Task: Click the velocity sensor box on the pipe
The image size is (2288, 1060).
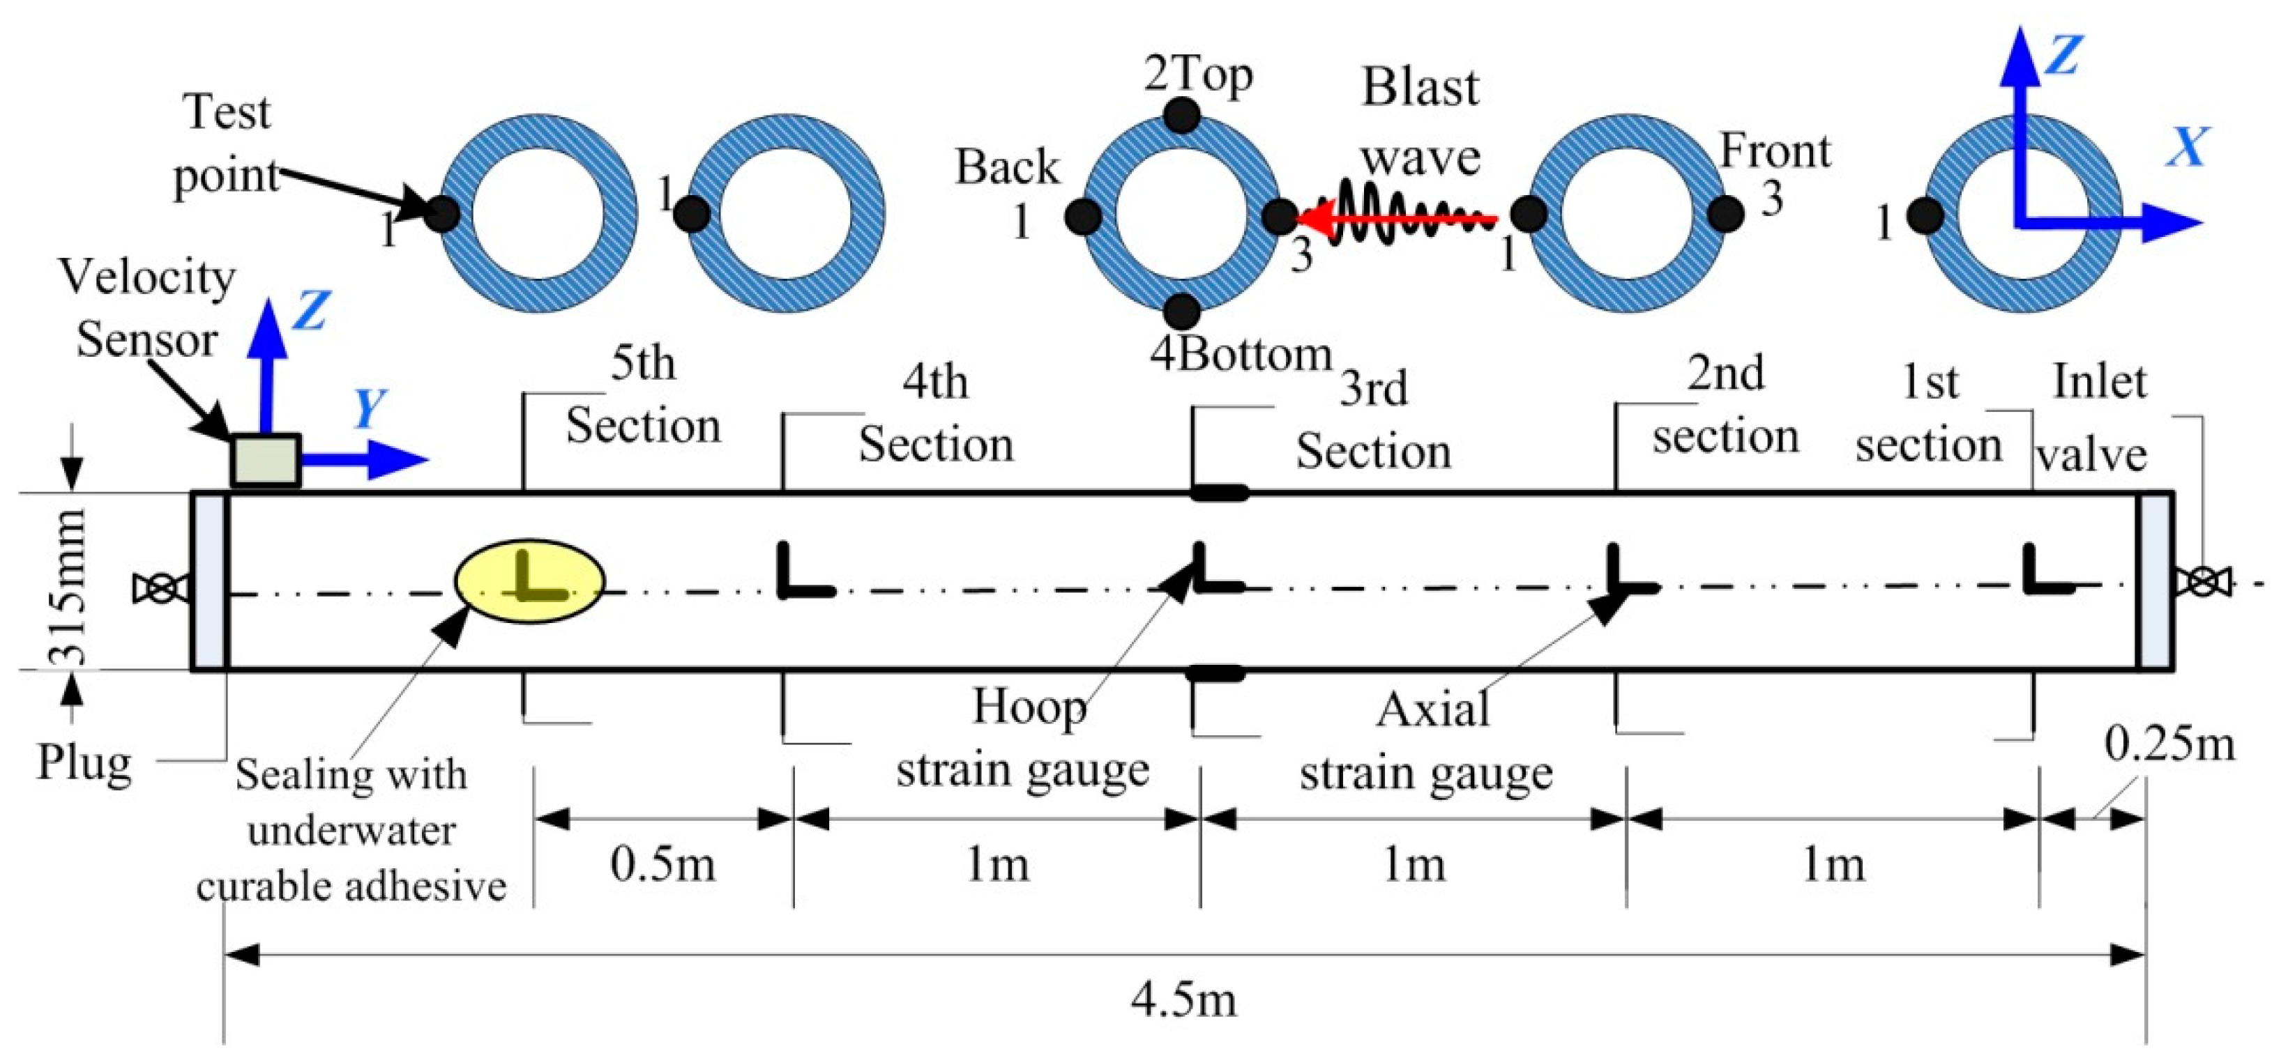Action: point(265,460)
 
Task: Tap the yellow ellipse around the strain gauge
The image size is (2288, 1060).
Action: point(529,581)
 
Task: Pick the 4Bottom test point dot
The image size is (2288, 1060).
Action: point(1182,312)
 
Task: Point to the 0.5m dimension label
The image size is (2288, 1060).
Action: point(662,863)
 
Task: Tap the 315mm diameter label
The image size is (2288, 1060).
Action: point(68,587)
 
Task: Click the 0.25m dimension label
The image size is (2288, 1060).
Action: point(2169,744)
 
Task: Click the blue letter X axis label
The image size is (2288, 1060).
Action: point(2187,147)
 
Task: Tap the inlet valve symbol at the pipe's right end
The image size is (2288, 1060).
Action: point(2201,583)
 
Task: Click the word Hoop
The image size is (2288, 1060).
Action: point(1029,707)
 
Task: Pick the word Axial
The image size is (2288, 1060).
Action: point(1432,710)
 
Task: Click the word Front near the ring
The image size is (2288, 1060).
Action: point(1775,151)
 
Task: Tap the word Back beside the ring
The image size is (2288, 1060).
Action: point(1007,167)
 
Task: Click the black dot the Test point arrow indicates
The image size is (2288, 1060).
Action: point(442,214)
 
